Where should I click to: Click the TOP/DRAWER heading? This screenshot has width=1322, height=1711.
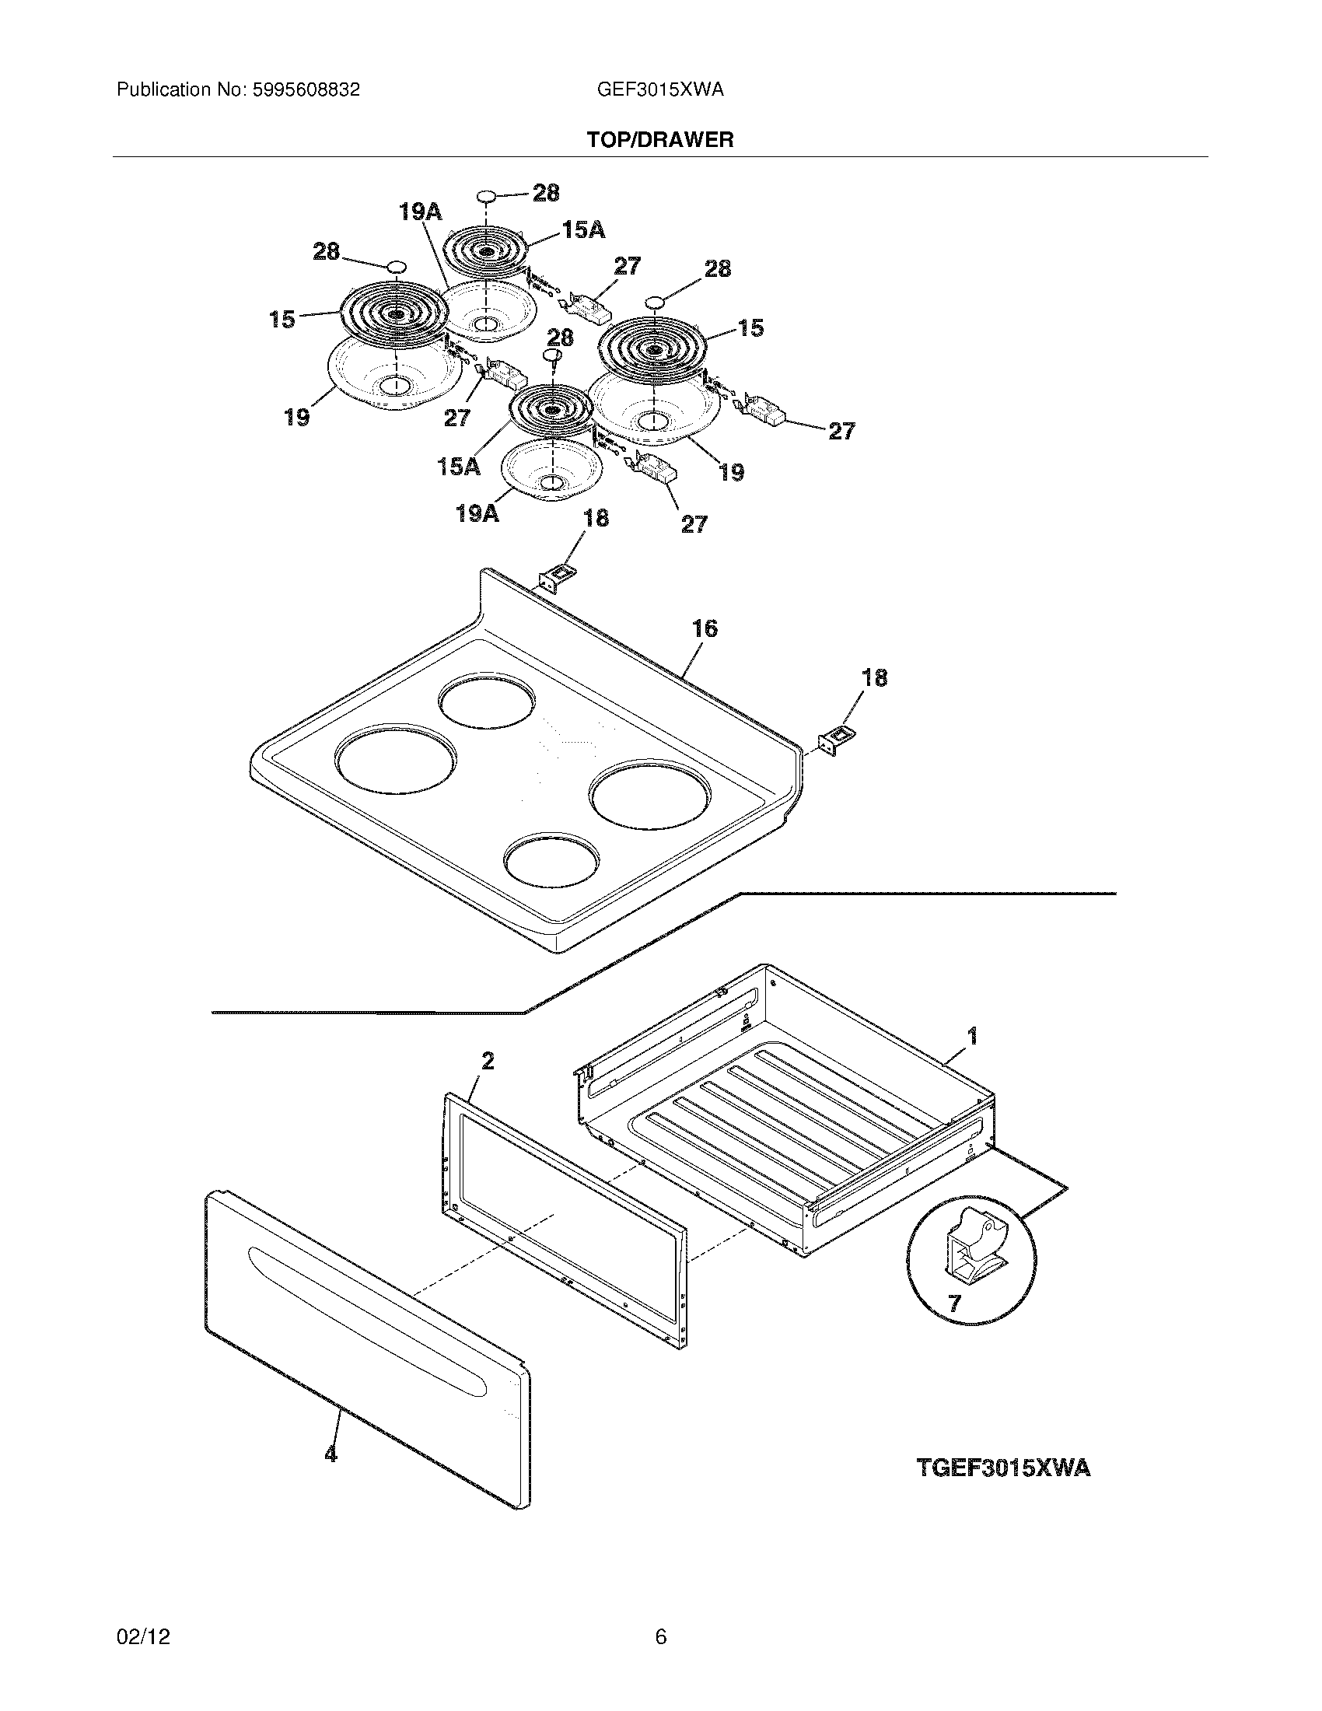click(x=660, y=140)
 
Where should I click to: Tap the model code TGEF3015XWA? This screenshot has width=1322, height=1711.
click(x=1003, y=1468)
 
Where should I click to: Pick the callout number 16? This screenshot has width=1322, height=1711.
click(x=704, y=629)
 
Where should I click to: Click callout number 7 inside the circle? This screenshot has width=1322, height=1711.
click(x=954, y=1303)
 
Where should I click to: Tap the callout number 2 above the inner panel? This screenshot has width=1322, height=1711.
click(x=487, y=1062)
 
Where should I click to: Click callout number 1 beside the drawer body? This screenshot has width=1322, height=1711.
click(x=972, y=1037)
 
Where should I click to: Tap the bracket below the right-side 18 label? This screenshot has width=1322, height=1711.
click(x=836, y=739)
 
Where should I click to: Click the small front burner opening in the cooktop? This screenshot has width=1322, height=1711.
click(x=551, y=861)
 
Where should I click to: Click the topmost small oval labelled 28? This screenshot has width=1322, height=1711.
click(x=487, y=194)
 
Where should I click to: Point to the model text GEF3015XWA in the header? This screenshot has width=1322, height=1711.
click(x=659, y=90)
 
